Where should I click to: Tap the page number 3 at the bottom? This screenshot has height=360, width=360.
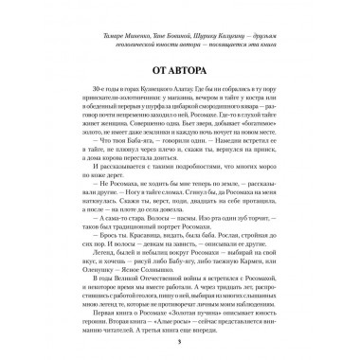[180, 338]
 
